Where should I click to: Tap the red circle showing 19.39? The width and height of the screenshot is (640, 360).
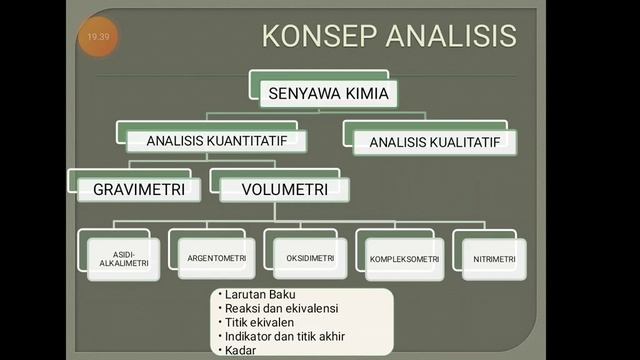(x=98, y=36)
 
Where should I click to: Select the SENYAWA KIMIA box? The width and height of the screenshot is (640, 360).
(x=329, y=94)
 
